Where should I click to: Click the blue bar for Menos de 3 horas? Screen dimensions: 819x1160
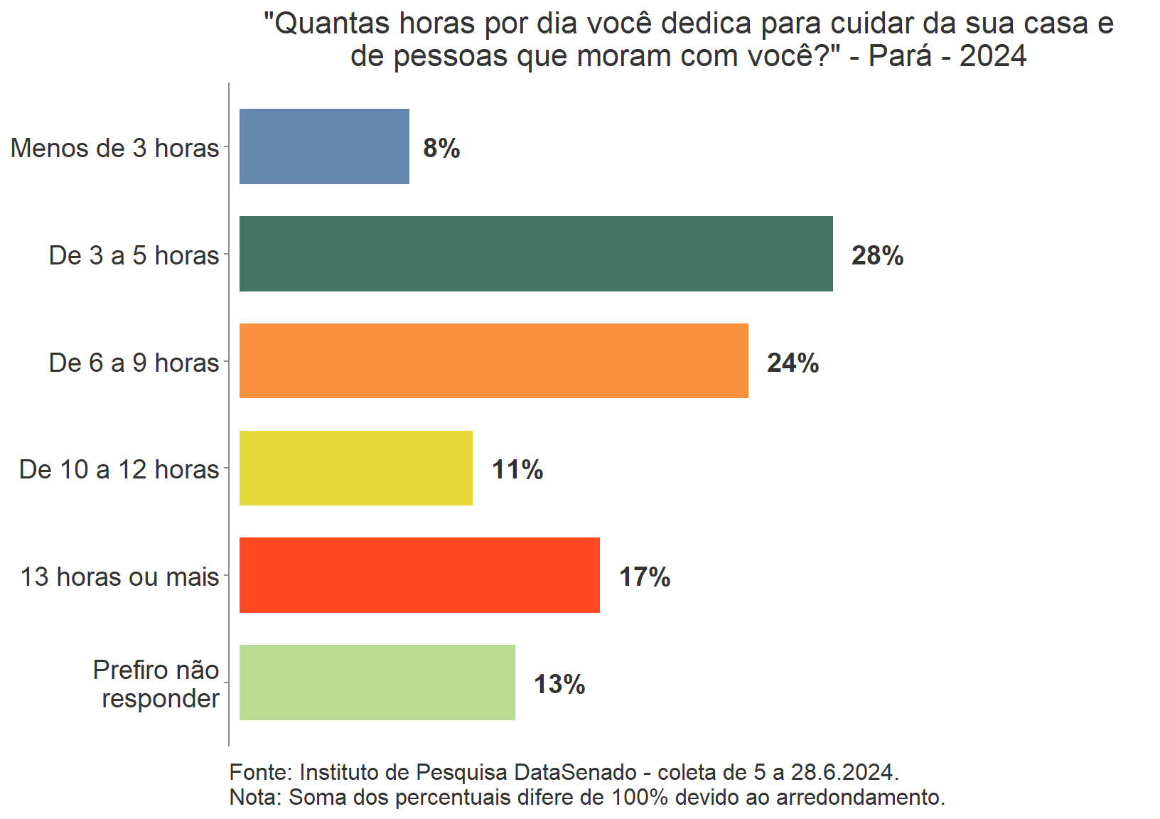[324, 146]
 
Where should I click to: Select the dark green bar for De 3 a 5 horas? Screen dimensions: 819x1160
[536, 254]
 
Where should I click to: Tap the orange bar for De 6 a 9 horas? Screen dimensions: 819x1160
[493, 361]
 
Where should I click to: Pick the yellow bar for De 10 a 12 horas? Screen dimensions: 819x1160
[355, 469]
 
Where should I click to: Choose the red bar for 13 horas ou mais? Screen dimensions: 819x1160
[419, 575]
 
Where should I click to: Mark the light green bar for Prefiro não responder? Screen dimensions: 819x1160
[377, 682]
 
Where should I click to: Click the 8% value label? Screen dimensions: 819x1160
[441, 149]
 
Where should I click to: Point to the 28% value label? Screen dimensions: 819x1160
[877, 256]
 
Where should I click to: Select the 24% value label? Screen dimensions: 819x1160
[793, 363]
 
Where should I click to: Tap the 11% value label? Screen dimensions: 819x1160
[517, 470]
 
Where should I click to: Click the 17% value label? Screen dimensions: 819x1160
[645, 577]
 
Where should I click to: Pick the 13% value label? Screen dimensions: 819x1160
[559, 685]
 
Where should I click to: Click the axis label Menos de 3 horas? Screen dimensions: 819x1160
[115, 148]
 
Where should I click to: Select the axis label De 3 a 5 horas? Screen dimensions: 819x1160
[134, 255]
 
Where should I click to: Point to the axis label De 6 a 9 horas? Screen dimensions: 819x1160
[134, 363]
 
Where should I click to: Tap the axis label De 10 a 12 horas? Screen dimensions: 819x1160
[119, 469]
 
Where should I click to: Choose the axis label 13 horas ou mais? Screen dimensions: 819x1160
[119, 577]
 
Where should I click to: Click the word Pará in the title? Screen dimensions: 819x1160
[900, 55]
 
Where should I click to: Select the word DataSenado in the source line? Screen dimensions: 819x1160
[575, 772]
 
